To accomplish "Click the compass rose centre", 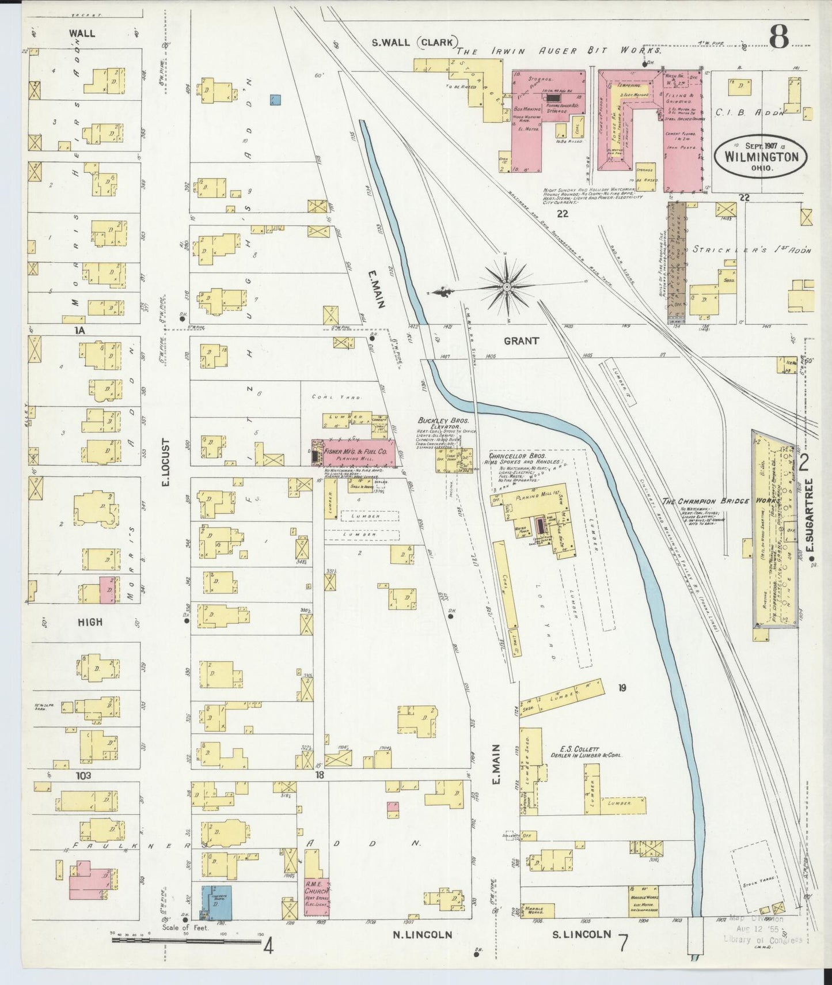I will [506, 286].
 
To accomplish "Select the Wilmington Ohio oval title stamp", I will [760, 157].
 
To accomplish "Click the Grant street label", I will [521, 341].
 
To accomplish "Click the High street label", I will [89, 622].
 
